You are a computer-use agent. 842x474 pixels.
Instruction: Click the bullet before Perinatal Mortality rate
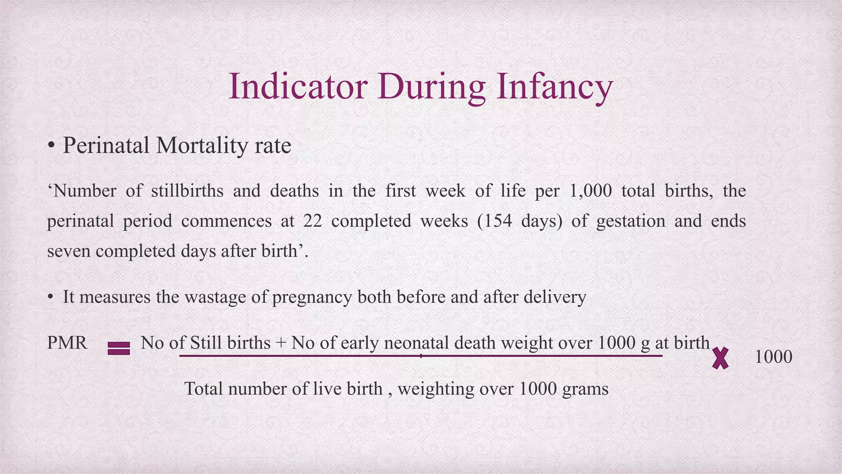[51, 146]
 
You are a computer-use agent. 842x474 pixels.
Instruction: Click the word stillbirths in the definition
[187, 191]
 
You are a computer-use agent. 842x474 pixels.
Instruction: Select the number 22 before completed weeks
[312, 221]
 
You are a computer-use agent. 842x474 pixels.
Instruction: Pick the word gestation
[630, 221]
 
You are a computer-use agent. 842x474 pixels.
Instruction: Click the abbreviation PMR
[67, 343]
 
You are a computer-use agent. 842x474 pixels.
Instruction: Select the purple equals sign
[119, 349]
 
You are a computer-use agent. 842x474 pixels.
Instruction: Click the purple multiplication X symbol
[720, 358]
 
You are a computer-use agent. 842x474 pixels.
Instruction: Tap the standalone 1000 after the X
[773, 357]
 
